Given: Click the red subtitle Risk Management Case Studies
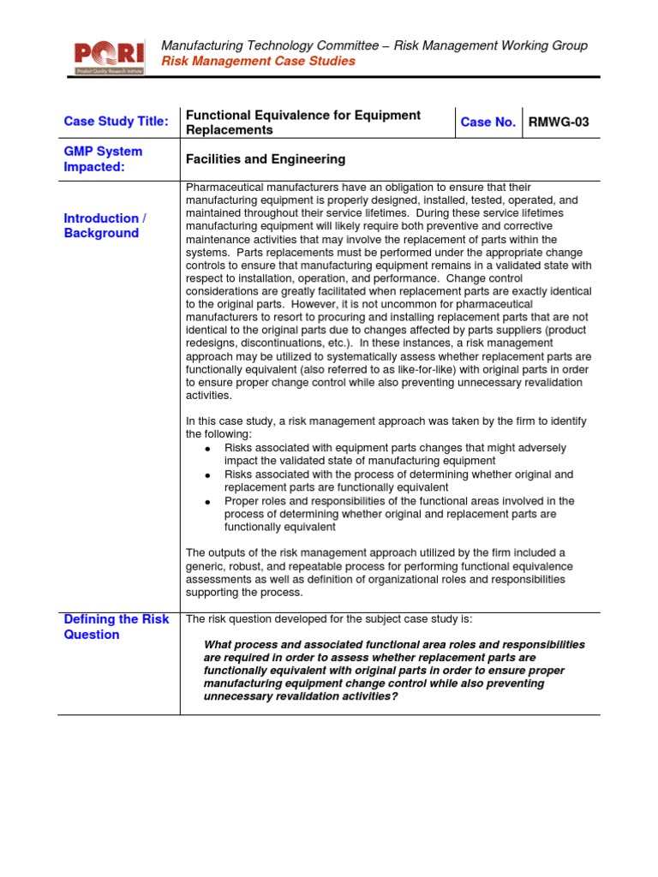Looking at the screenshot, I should tap(258, 62).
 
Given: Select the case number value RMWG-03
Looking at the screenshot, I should tap(559, 122).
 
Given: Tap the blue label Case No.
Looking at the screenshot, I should tap(488, 122).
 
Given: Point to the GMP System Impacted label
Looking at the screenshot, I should tap(103, 159).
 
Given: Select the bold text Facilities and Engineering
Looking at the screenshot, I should tap(266, 159).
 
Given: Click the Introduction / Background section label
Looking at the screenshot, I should tap(105, 226).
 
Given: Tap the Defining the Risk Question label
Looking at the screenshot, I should tap(117, 627).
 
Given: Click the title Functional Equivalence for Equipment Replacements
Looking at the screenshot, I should tap(303, 122).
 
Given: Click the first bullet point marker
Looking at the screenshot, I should tap(208, 449).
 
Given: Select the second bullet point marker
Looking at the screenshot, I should tap(208, 475).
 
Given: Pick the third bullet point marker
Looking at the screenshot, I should tap(208, 502).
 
